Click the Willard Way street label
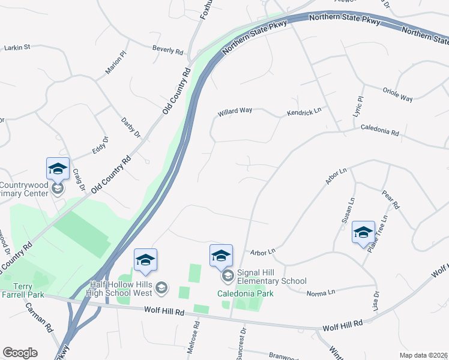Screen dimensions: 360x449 (x=235, y=112)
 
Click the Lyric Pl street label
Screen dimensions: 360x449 (x=360, y=106)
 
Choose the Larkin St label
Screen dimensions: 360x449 (x=17, y=47)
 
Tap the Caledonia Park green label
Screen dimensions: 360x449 (x=246, y=293)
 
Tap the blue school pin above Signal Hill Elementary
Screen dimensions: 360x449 (x=221, y=256)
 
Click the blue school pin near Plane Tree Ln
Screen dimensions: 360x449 (x=363, y=233)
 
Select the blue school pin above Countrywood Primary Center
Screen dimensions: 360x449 (x=58, y=169)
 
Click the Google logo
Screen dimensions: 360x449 (x=20, y=353)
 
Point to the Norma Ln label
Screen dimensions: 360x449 (x=320, y=293)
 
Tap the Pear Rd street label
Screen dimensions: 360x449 (x=390, y=199)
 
